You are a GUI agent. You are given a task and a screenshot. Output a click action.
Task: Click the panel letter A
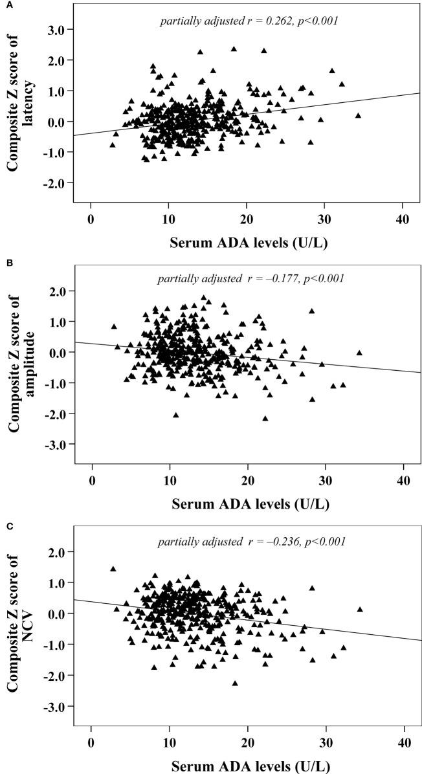tap(5, 4)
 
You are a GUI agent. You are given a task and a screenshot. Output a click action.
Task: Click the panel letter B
tap(5, 263)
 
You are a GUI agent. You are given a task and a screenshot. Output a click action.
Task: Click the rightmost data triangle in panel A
tap(358, 115)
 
